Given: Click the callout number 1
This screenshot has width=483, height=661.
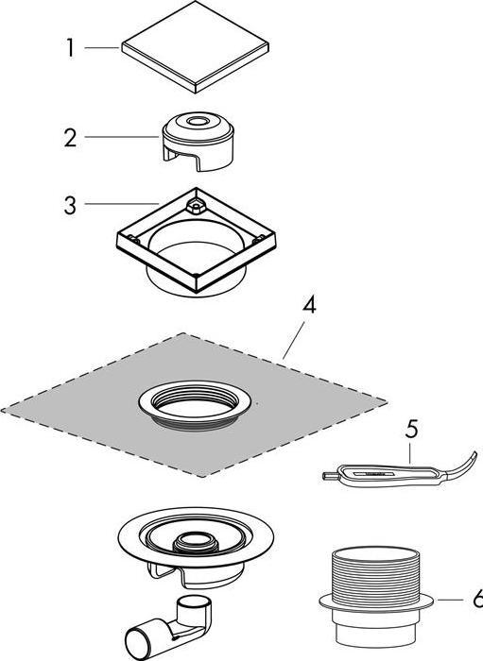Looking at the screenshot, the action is coord(70,48).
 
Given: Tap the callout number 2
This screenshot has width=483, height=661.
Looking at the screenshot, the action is coord(71,138).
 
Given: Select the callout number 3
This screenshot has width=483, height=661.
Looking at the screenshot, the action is coord(71,205).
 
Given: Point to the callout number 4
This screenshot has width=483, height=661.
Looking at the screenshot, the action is coord(309,305).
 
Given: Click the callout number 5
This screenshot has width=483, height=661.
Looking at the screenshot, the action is coord(411,429).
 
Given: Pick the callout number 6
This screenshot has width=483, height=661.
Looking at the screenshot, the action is coord(477,599).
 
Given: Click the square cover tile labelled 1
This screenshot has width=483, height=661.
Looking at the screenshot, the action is coord(196,47).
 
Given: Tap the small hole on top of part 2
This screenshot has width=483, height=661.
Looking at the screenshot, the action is coord(196,122).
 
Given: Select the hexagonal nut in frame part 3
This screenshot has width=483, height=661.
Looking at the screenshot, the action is coord(197,206).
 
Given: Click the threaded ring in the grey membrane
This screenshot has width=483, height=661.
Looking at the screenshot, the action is coord(195,405).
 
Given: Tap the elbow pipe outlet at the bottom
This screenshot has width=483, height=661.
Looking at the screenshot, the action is coord(168,628).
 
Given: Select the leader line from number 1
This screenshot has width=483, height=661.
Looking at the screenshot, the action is coord(102,48).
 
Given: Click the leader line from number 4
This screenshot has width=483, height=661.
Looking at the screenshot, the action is coord(294,340).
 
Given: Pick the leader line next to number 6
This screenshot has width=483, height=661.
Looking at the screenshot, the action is coord(450,600).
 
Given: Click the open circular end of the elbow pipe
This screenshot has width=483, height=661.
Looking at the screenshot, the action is coord(135,645).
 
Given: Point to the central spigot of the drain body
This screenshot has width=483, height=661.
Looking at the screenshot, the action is coord(197,541).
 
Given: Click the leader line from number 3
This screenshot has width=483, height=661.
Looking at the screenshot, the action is coord(122,204).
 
